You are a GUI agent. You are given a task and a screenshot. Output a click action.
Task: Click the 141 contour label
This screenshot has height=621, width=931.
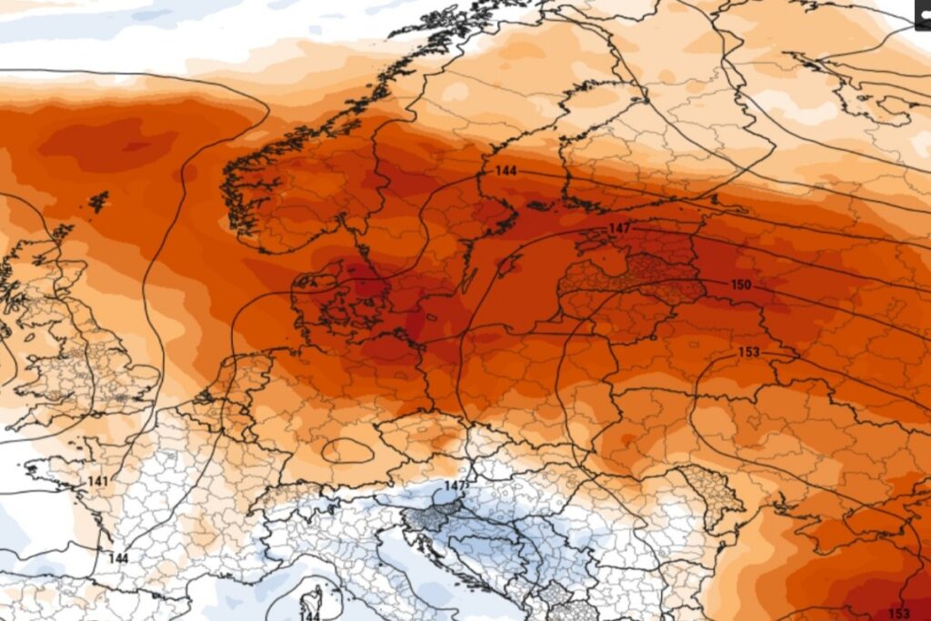pos(98,481)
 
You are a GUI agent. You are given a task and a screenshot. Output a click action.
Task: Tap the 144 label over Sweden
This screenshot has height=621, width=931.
pos(506,170)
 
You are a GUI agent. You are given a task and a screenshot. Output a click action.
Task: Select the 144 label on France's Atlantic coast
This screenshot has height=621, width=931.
pos(119,557)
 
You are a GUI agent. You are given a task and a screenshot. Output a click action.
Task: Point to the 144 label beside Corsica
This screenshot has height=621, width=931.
pos(310,616)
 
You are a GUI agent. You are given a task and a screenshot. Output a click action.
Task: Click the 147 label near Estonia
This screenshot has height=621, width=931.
pos(619,227)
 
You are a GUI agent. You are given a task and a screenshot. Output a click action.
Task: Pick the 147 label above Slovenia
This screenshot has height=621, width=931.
pos(455,487)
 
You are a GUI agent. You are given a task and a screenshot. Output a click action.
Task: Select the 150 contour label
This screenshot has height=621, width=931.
pos(741,285)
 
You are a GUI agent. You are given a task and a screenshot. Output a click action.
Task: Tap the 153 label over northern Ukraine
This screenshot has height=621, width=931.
pos(749,352)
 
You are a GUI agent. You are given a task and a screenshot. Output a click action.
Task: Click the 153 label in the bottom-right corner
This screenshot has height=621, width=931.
pos(897,612)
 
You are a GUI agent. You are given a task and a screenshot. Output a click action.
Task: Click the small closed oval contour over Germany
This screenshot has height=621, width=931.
pos(346,450)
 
